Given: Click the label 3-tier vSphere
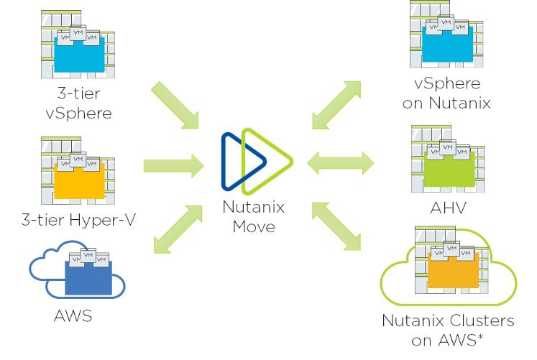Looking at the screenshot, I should tap(78, 103).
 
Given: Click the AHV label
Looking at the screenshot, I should tap(446, 209).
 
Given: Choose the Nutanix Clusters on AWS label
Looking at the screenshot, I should tap(448, 330).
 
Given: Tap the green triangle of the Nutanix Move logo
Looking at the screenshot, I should tap(265, 161).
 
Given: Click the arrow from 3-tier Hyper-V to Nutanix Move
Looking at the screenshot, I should tap(173, 166).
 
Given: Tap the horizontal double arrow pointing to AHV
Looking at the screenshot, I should tap(340, 164).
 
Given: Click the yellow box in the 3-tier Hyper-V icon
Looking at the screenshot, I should tap(79, 180).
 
